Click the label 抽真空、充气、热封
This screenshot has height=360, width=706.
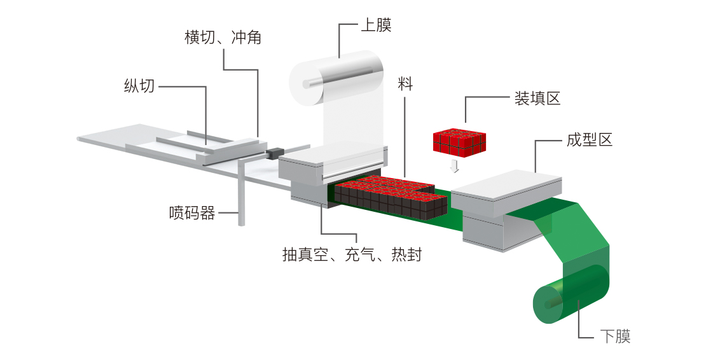[x=352, y=256]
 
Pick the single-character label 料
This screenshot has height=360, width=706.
[x=405, y=84]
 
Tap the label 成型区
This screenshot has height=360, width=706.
[x=589, y=141]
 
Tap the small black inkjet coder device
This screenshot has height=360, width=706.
[x=275, y=153]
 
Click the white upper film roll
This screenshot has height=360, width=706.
[x=337, y=80]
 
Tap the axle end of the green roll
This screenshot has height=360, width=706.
[x=548, y=305]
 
